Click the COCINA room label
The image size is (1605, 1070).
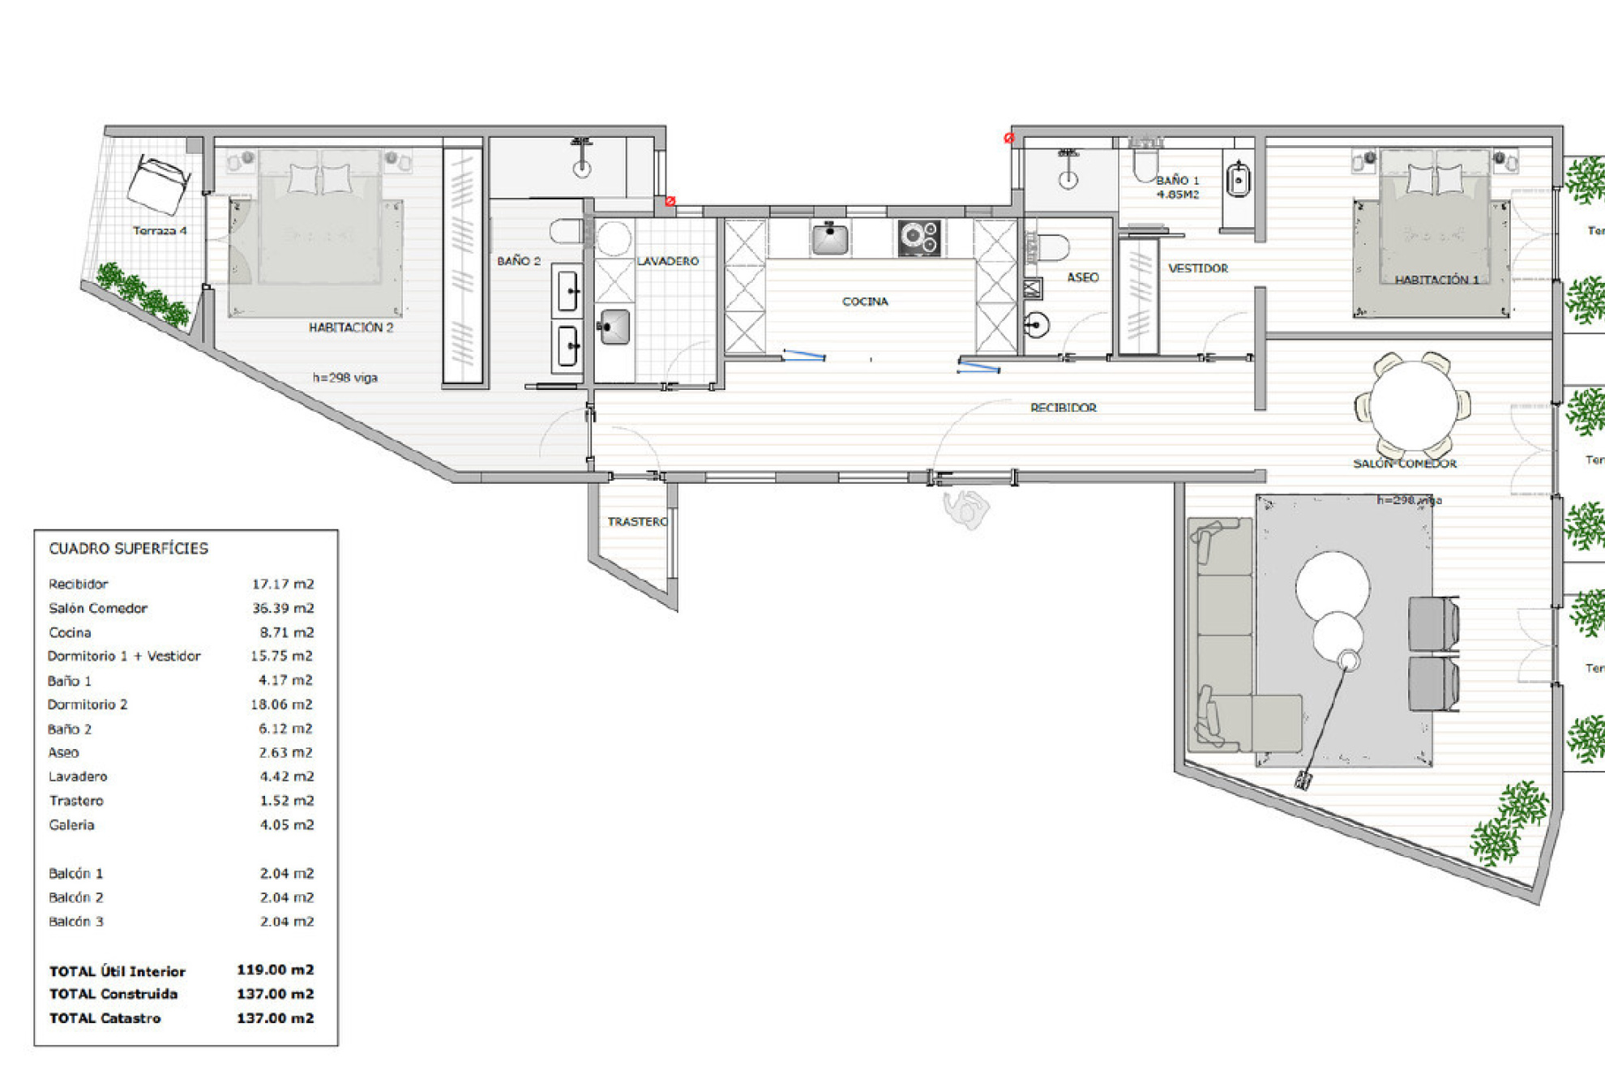coord(865,302)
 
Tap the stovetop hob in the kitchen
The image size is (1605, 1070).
coord(919,238)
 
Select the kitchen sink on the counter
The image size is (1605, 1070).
coord(829,239)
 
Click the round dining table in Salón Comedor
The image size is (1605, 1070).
coord(1413,404)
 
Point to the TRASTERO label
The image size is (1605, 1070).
coord(637,521)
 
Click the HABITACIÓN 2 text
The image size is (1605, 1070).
coord(350,327)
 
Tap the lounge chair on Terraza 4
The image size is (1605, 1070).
coord(159,185)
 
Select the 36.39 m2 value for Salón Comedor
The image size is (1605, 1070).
coord(282,608)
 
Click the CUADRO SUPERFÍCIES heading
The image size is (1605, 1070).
coord(128,549)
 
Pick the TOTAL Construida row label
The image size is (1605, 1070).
coord(113,994)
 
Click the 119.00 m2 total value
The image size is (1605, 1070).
coord(275,969)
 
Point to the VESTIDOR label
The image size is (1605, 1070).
coord(1197,268)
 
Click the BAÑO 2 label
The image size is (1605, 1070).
coord(518,261)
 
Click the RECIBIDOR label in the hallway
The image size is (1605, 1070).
coord(1063,408)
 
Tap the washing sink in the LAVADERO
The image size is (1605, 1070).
coord(614,327)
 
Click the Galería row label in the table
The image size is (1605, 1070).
coord(71,824)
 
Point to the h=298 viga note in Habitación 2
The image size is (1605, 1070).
coord(345,378)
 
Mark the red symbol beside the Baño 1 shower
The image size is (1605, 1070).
coord(1009,139)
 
